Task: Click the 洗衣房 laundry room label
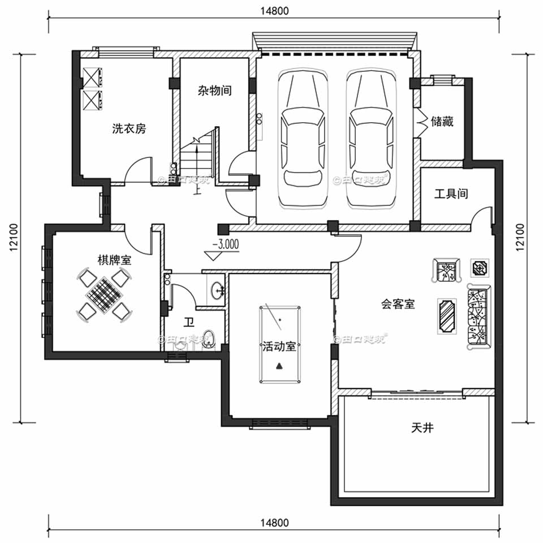click(x=129, y=128)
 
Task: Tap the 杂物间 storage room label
click(x=214, y=90)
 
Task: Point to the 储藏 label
click(x=442, y=122)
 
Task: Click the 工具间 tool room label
click(x=451, y=194)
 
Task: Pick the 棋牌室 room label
click(x=114, y=260)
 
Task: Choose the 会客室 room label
click(x=398, y=304)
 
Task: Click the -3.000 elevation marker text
click(x=225, y=245)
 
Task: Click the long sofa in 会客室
click(x=479, y=317)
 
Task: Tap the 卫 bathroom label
click(x=189, y=322)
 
